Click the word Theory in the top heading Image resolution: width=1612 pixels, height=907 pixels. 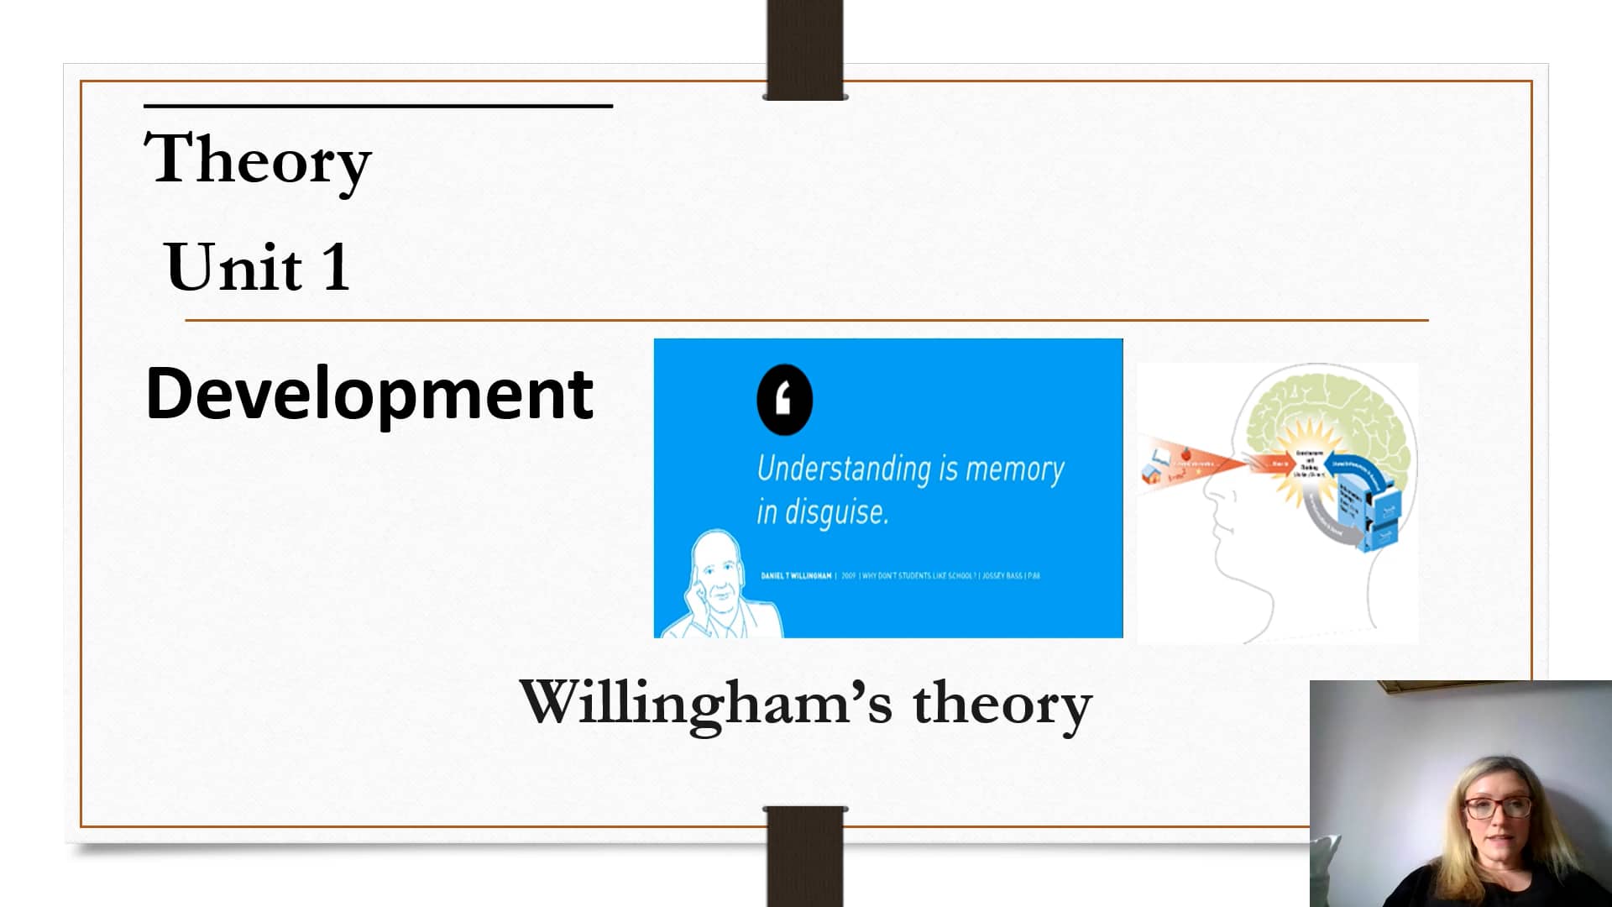point(258,160)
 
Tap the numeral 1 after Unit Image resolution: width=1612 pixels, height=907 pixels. point(336,267)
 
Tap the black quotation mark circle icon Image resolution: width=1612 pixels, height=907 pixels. point(784,400)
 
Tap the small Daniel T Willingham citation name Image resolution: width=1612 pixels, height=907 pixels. point(796,576)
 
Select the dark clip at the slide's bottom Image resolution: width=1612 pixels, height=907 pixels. point(805,857)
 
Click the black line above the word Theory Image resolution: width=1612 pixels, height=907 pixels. point(378,106)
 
